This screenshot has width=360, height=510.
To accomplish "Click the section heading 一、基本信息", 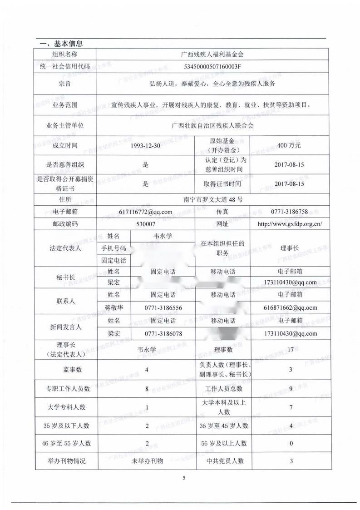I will [61, 44].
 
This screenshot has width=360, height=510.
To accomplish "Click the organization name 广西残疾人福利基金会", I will [212, 54].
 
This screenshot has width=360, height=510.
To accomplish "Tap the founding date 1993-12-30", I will [145, 146].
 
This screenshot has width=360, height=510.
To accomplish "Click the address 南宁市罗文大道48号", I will [212, 199].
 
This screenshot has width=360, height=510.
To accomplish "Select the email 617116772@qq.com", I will [145, 212].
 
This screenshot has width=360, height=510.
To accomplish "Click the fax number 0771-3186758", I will [289, 212].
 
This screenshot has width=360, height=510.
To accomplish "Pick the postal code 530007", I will [145, 224].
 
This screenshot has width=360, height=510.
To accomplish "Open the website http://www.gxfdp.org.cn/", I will [289, 224].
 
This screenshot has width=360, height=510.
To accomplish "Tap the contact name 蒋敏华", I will [114, 307].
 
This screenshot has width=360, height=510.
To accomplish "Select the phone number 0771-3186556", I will [163, 307].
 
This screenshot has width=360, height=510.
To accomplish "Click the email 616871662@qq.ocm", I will [290, 307].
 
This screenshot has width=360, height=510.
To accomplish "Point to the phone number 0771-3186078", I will [163, 333].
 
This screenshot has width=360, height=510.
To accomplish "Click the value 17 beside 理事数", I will [291, 350].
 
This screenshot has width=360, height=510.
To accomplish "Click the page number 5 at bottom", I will [184, 478].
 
